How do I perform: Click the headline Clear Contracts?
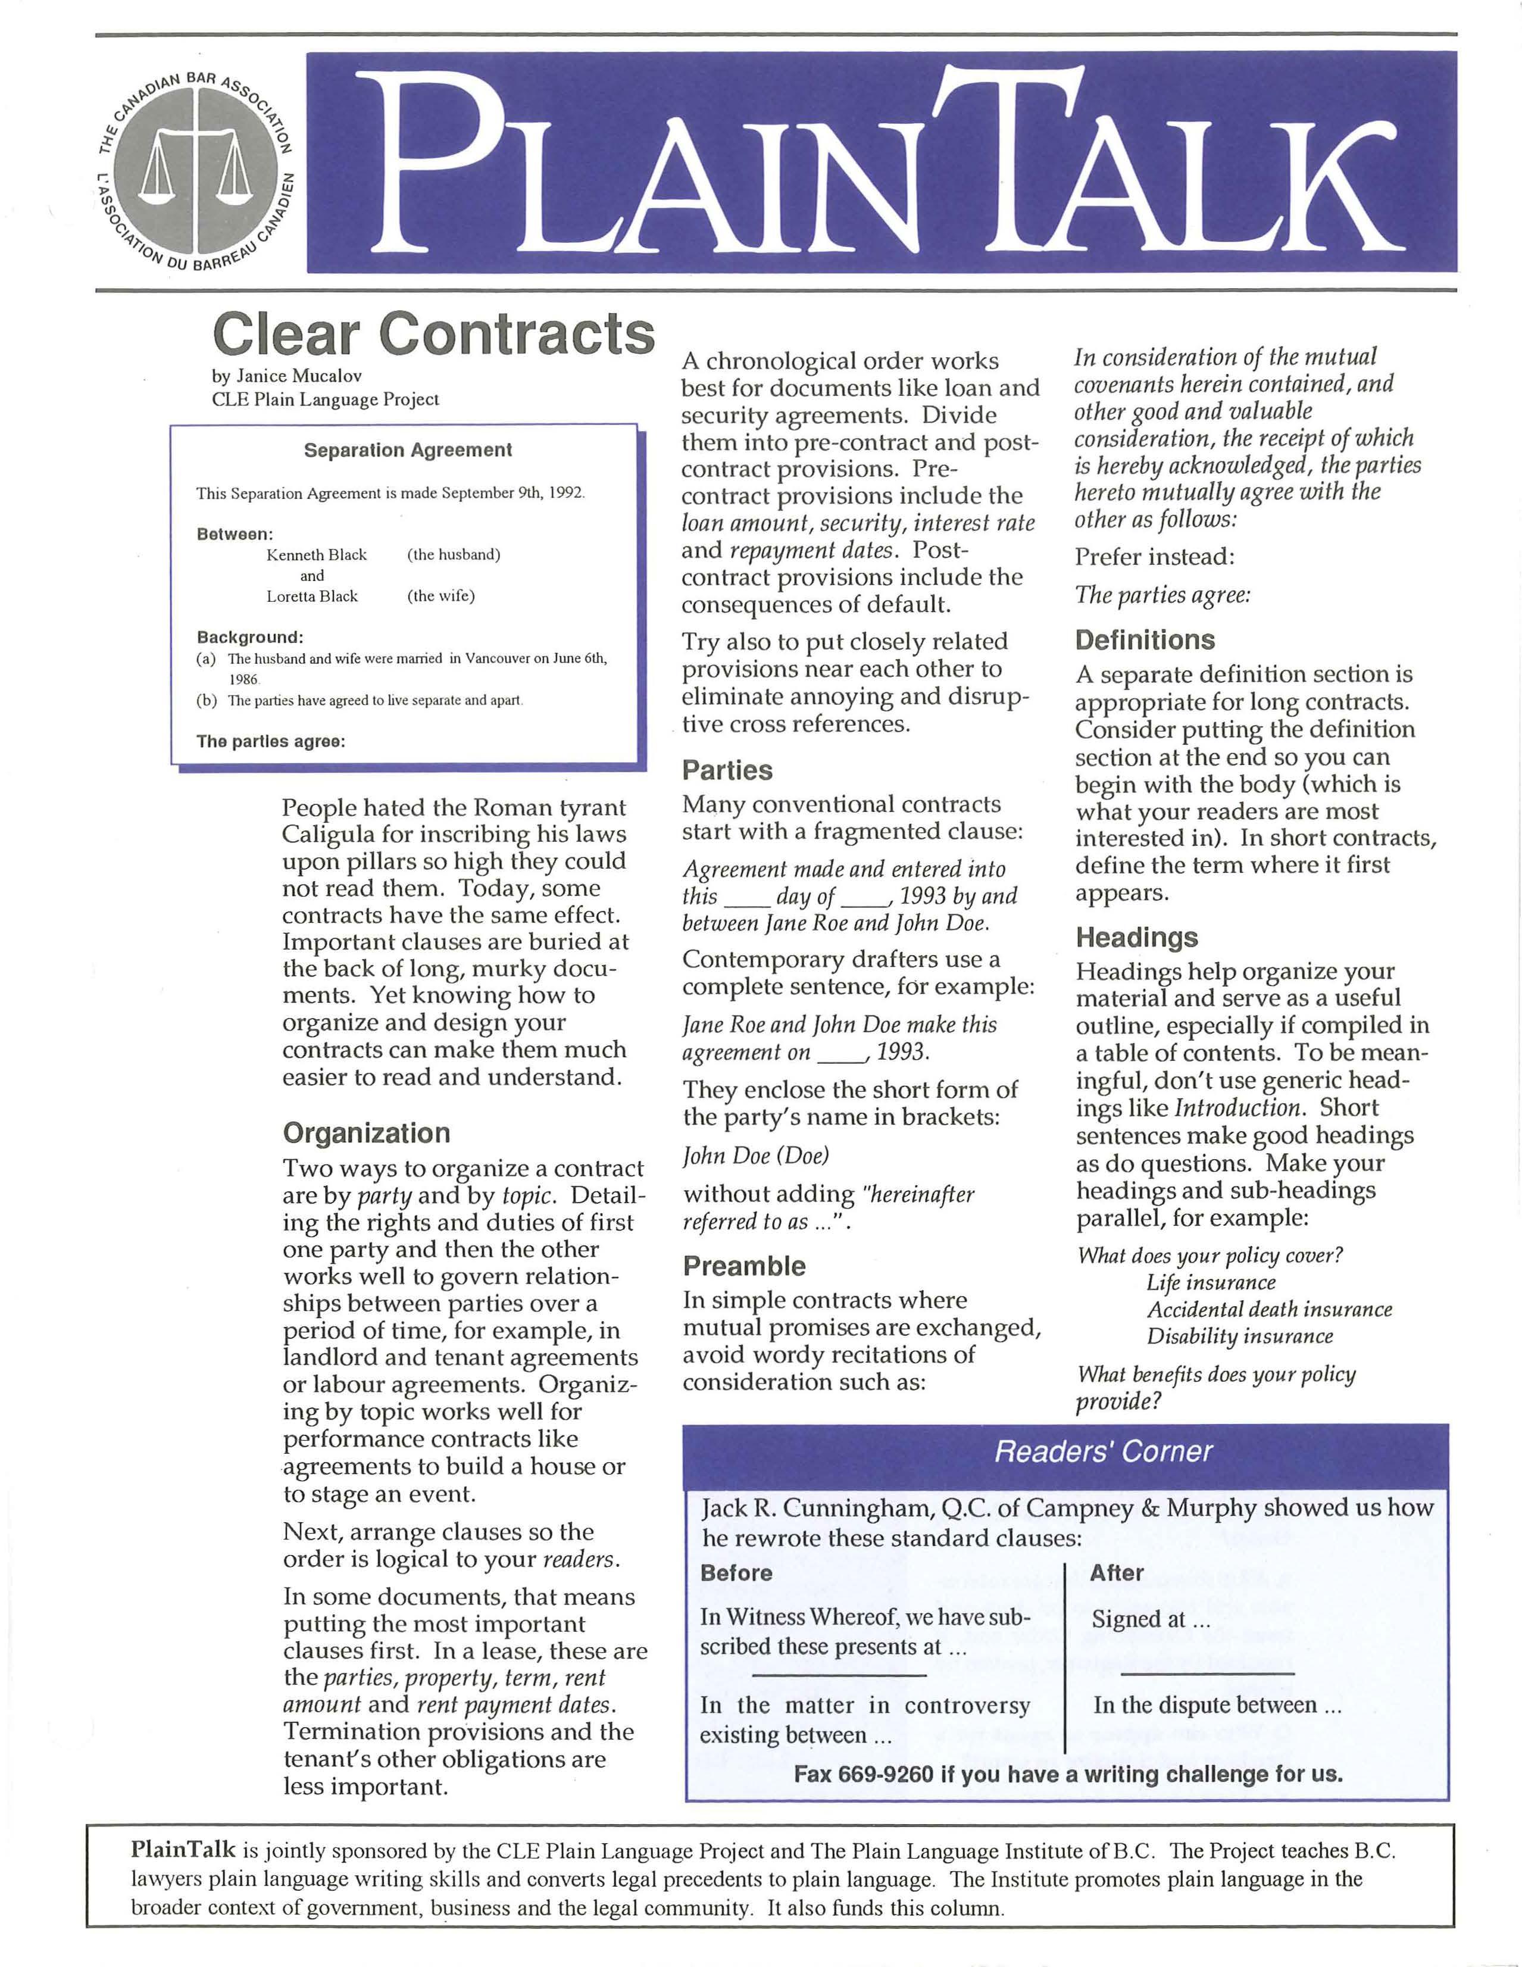pyautogui.click(x=432, y=334)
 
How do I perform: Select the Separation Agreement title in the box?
pyautogui.click(x=407, y=450)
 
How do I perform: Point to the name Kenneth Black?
pyautogui.click(x=316, y=555)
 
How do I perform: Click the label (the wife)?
pyautogui.click(x=440, y=596)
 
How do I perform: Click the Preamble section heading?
pyautogui.click(x=744, y=1266)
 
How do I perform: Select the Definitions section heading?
pyautogui.click(x=1145, y=641)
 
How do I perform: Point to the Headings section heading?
pyautogui.click(x=1136, y=938)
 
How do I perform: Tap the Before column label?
pyautogui.click(x=736, y=1572)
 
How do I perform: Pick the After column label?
pyautogui.click(x=1116, y=1572)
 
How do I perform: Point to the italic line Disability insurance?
pyautogui.click(x=1239, y=1337)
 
